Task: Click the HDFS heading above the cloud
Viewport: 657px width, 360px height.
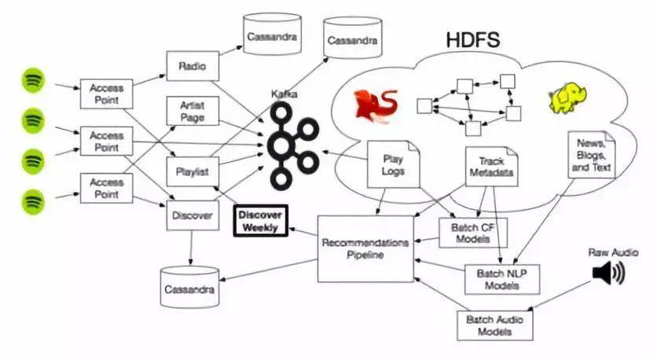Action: tap(473, 39)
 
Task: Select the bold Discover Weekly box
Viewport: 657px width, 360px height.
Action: tap(261, 221)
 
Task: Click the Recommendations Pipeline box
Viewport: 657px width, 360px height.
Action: tap(365, 249)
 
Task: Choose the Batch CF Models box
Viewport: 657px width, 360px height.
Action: tap(473, 233)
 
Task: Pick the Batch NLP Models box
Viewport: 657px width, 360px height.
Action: tap(502, 280)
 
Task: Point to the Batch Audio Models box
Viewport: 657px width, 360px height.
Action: tap(495, 325)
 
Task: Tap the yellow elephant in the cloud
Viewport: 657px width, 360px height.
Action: tap(567, 98)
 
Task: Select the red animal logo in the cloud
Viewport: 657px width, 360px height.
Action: tap(376, 106)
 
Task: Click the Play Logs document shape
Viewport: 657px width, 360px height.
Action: tap(393, 164)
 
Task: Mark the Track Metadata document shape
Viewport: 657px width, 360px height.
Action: tap(491, 167)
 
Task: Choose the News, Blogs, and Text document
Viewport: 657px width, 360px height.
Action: tap(591, 155)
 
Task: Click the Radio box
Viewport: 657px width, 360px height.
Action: tap(193, 66)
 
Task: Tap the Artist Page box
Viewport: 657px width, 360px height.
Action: tap(193, 111)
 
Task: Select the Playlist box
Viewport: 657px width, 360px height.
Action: tap(193, 172)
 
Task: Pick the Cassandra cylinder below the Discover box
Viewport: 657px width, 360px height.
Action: tap(190, 287)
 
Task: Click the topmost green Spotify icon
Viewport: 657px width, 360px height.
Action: tap(33, 80)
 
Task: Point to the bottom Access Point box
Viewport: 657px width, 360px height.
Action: tap(106, 188)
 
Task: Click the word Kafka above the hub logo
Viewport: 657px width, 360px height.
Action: tap(284, 94)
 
